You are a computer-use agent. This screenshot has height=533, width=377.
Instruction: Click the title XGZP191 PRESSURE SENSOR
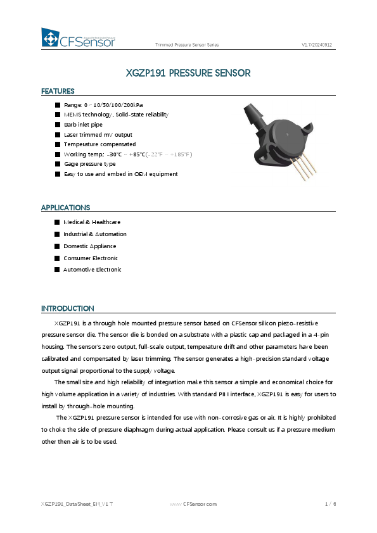pos(188,73)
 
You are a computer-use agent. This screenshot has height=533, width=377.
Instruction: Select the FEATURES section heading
pos(58,91)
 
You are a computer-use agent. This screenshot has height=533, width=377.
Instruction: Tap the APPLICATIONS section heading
pos(65,208)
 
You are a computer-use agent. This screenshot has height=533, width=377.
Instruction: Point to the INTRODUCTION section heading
pos(67,308)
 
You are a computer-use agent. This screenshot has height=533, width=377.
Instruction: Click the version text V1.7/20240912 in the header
pos(317,45)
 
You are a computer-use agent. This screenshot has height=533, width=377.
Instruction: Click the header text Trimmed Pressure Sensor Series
pos(187,45)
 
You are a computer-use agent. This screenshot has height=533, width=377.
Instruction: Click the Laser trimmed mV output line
pos(98,135)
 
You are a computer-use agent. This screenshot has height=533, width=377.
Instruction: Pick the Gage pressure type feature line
pos(89,164)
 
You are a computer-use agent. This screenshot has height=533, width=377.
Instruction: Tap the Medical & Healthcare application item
pos(92,222)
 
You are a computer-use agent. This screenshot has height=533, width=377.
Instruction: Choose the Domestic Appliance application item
pos(89,246)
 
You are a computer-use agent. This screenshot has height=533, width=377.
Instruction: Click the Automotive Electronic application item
pos(92,270)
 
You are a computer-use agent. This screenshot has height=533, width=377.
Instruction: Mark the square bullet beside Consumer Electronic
pos(57,258)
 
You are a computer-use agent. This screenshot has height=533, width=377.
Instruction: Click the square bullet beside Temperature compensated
pos(58,144)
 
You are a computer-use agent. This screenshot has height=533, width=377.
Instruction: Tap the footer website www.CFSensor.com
pos(194,504)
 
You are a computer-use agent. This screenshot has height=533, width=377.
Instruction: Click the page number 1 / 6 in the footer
pos(329,504)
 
